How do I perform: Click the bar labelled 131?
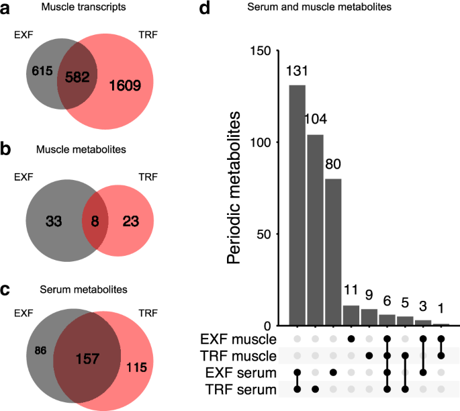pos(297,205)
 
